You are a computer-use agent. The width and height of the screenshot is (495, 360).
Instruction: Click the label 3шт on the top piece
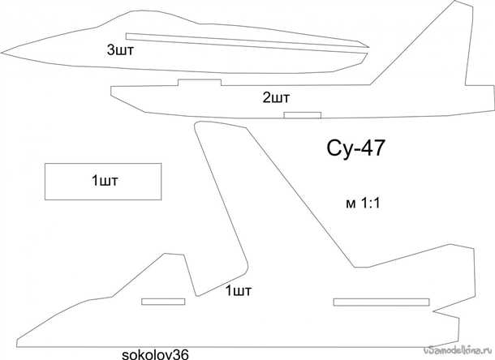click(120, 50)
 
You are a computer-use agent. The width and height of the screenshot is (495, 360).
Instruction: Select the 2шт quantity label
click(276, 98)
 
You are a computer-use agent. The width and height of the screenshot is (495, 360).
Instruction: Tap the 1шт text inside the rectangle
click(105, 181)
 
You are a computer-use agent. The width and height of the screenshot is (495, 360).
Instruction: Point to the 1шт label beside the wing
click(239, 290)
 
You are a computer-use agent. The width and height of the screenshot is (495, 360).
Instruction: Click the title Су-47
click(355, 148)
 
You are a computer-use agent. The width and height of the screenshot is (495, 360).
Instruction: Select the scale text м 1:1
click(363, 204)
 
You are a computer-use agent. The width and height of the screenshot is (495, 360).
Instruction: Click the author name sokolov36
click(155, 354)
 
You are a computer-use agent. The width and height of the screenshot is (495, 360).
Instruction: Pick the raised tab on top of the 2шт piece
click(200, 83)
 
